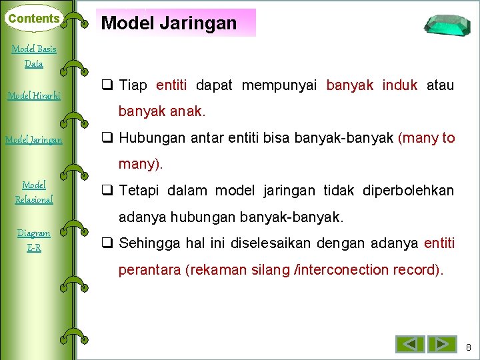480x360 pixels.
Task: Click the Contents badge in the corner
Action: click(x=33, y=19)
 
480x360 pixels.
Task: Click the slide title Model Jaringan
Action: click(x=169, y=23)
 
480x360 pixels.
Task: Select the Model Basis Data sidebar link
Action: click(x=34, y=56)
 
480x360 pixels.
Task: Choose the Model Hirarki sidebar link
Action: click(x=34, y=96)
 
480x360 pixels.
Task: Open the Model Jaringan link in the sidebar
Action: click(x=34, y=139)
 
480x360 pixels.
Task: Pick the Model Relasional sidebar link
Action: click(x=34, y=192)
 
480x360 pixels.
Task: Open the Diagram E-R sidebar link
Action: click(x=34, y=240)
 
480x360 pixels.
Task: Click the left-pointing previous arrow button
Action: click(x=410, y=344)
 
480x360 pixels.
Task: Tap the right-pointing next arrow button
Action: click(x=441, y=344)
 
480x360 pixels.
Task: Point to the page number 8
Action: click(x=468, y=347)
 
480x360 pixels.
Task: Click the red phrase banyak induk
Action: click(x=371, y=85)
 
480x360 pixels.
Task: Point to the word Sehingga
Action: click(x=145, y=243)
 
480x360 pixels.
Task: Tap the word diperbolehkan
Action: click(x=409, y=191)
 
